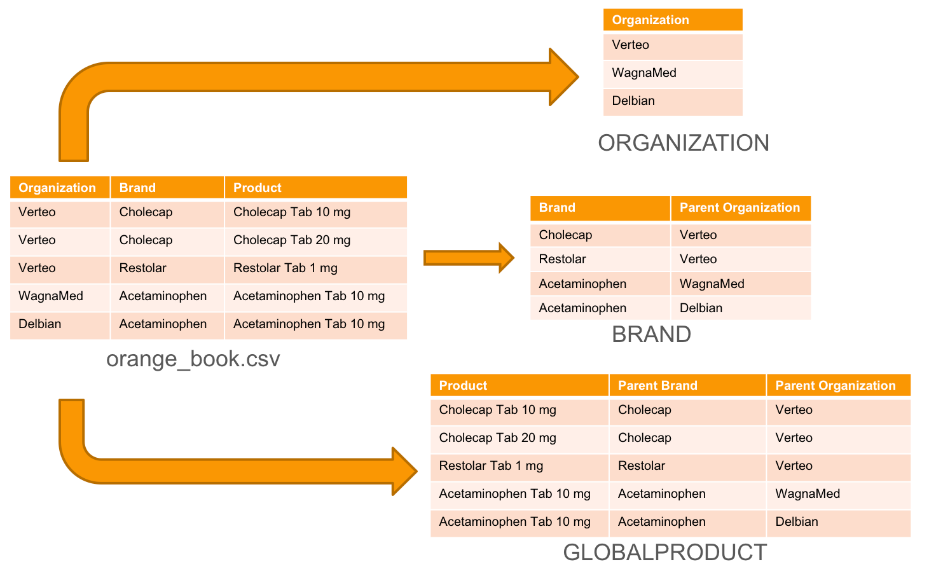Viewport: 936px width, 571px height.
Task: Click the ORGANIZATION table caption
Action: click(683, 143)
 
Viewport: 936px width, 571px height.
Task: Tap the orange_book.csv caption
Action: click(193, 359)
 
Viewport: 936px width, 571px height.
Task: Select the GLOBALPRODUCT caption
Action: click(665, 552)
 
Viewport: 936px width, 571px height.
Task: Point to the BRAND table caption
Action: click(651, 334)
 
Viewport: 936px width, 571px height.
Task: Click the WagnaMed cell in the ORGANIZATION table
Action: click(644, 72)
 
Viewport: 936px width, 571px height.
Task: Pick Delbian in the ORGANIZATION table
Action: click(633, 100)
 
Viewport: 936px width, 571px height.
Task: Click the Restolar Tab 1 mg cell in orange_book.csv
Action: click(285, 268)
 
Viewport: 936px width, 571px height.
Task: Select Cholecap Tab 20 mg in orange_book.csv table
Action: click(292, 240)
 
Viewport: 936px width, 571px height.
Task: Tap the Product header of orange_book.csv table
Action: click(258, 188)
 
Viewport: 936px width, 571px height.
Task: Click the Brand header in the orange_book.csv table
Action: click(137, 188)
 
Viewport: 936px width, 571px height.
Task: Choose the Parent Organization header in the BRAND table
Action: click(740, 207)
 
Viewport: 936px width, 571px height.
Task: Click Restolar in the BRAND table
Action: click(562, 259)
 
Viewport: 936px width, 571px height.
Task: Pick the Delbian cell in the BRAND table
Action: click(701, 308)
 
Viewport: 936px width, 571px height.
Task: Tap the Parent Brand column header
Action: click(657, 385)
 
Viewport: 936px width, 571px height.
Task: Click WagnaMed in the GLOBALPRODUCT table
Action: click(808, 493)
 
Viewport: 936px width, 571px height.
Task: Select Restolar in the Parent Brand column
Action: click(641, 465)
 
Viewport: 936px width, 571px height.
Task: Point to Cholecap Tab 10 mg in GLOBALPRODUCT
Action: click(497, 409)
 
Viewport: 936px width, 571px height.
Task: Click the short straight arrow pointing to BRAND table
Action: click(469, 258)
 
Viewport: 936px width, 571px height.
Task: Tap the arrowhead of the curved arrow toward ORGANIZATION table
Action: click(564, 77)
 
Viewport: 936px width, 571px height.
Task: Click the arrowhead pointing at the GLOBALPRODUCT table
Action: click(404, 471)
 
